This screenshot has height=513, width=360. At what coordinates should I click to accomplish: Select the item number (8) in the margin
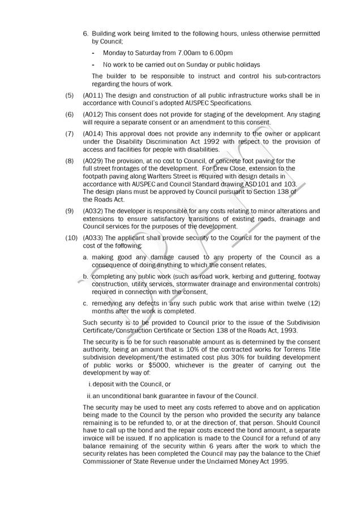(70, 161)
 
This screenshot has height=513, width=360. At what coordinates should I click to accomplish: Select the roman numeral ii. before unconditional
(89, 396)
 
